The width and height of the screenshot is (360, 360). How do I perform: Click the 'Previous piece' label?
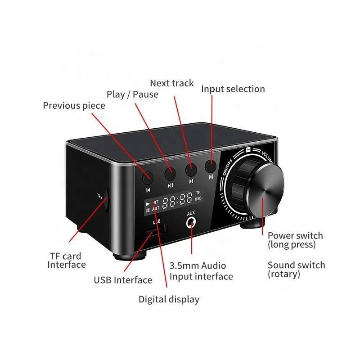74,106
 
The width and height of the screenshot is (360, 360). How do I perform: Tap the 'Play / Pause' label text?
132,94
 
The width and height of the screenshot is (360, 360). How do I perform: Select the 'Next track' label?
172,83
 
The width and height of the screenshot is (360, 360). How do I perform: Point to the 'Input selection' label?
233,89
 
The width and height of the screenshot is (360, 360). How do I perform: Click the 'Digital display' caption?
169,299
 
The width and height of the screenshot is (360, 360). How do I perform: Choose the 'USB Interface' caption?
123,280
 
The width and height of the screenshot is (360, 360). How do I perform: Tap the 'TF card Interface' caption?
67,260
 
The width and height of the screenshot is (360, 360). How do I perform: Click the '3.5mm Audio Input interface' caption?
201,271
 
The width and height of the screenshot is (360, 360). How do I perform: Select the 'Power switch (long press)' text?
295,240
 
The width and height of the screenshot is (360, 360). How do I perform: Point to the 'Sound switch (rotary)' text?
296,269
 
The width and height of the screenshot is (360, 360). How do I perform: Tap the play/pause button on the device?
170,173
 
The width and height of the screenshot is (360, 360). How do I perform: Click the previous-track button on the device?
148,177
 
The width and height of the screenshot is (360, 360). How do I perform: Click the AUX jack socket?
192,222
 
